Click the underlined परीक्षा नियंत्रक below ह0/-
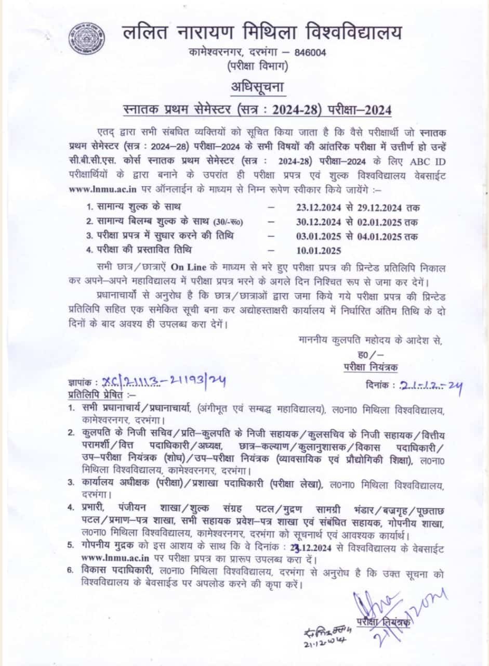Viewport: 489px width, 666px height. pos(371,367)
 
